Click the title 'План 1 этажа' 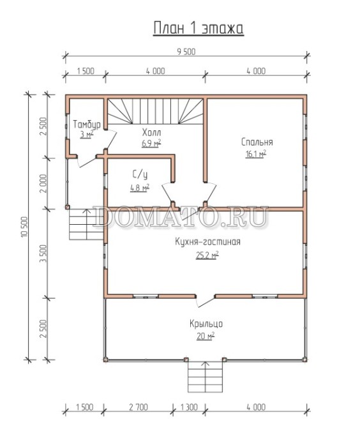199,28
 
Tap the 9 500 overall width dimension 186,52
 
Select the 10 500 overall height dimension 24,227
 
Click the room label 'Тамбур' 87,125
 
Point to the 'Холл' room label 151,132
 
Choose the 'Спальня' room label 257,142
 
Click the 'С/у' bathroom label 140,175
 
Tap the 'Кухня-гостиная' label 207,241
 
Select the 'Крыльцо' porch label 206,324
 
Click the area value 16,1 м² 256,154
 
